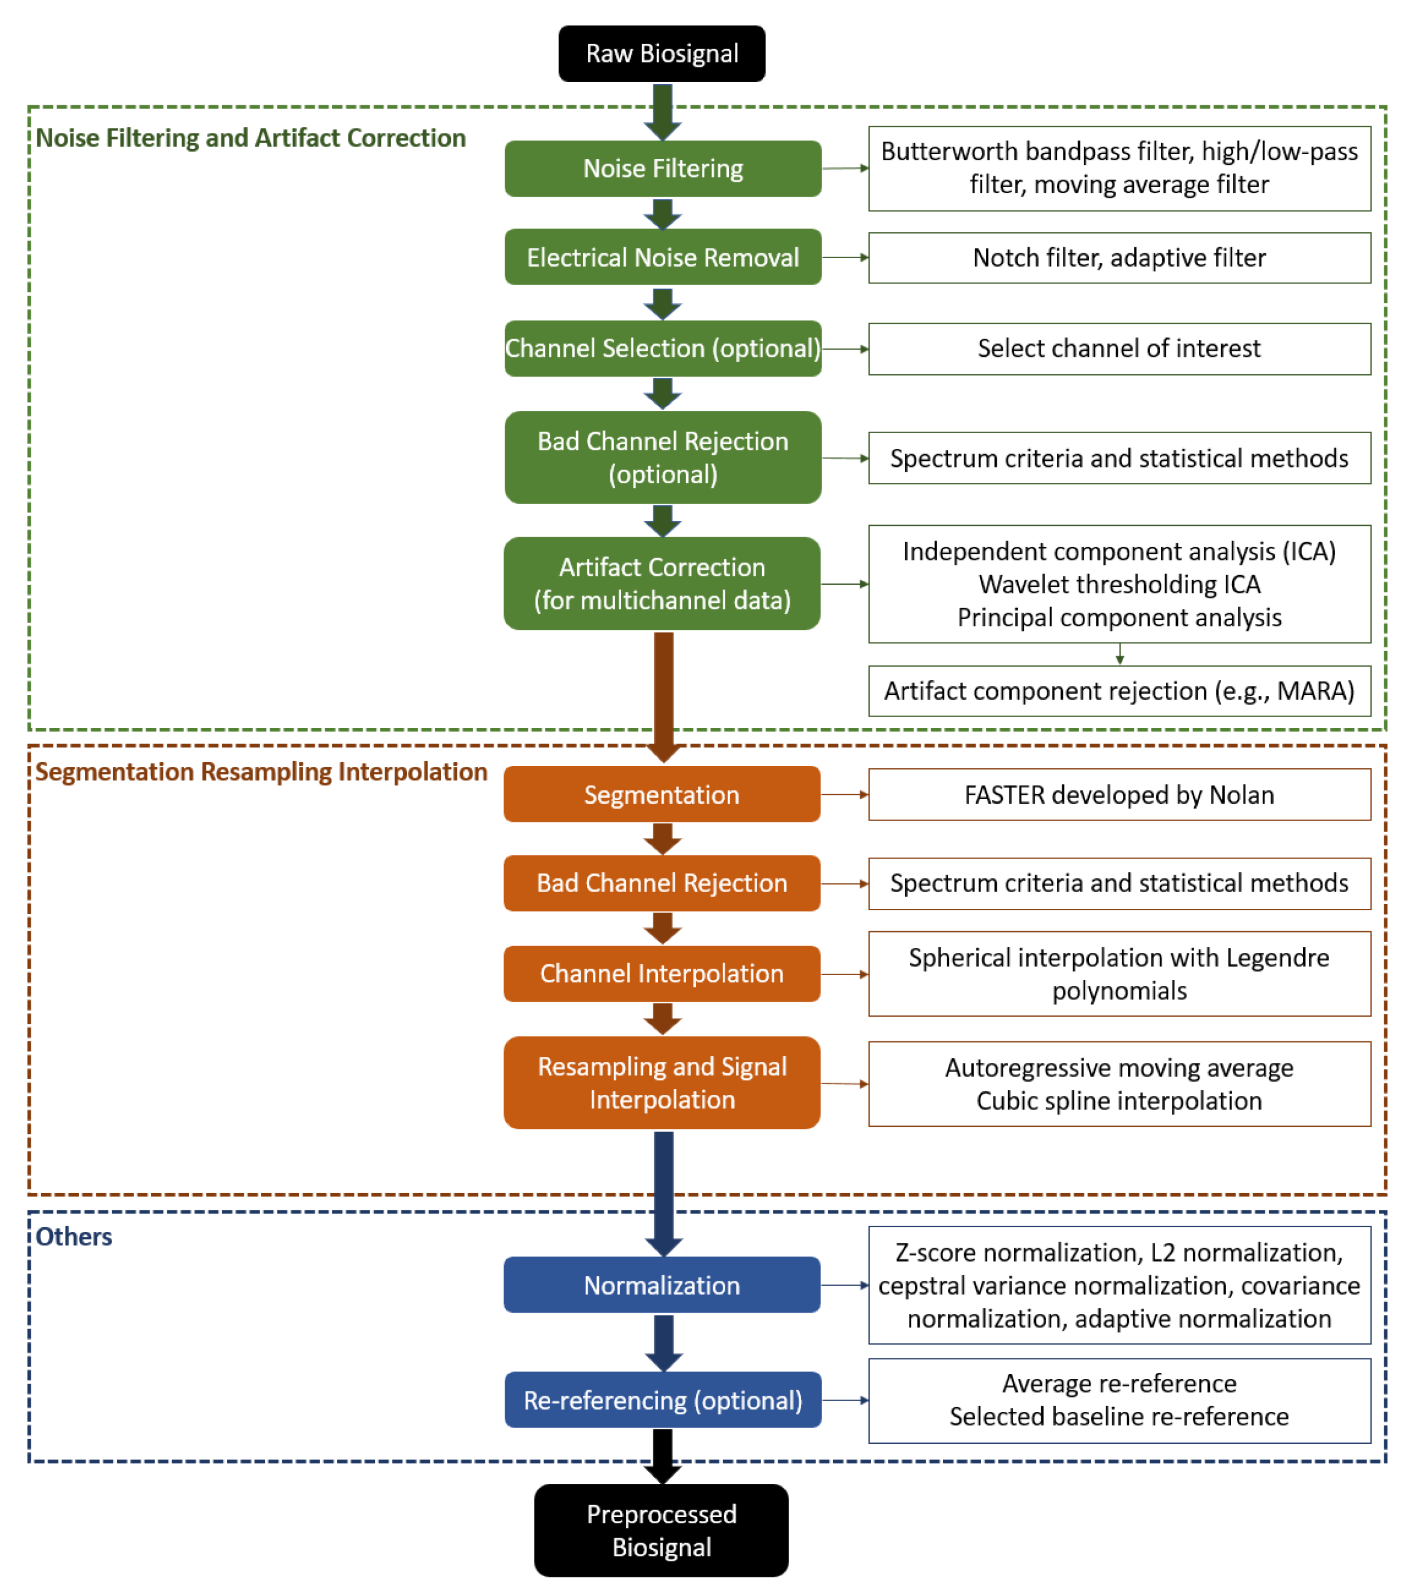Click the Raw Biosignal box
661,53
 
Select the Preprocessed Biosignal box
661,1530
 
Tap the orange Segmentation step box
661,794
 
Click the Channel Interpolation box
661,974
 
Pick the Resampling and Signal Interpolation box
661,1082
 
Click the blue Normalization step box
661,1284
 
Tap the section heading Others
74,1237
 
